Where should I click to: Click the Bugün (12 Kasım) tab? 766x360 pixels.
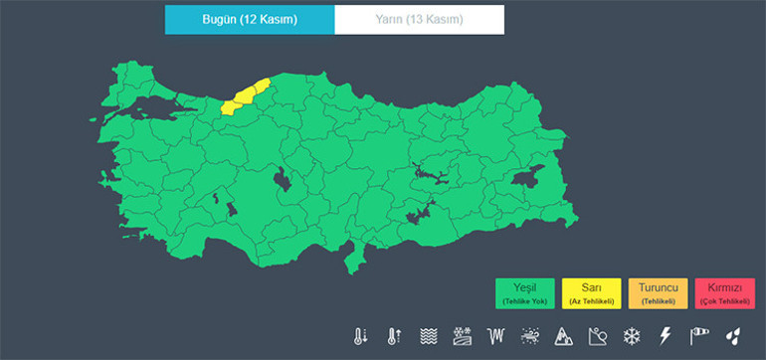pos(250,20)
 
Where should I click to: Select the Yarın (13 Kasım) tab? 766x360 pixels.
pos(419,20)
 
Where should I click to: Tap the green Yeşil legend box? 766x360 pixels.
pos(525,293)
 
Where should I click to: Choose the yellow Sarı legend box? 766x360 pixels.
pos(591,293)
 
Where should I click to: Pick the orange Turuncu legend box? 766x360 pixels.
pos(658,293)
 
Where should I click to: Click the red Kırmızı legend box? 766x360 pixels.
pos(723,293)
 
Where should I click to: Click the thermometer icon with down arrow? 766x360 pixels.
pos(359,336)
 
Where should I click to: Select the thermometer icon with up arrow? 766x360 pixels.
pos(394,336)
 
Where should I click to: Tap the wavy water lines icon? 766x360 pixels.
pos(428,336)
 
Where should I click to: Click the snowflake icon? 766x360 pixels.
pos(631,336)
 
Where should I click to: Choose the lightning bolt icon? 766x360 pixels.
pos(665,336)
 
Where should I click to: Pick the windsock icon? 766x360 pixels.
pos(698,336)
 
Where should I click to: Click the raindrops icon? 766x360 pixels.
pos(732,336)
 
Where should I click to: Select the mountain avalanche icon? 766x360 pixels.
pos(563,336)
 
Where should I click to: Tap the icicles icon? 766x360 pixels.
pos(495,336)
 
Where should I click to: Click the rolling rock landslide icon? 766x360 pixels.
pos(597,336)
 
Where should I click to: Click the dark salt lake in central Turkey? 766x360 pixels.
pos(284,180)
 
